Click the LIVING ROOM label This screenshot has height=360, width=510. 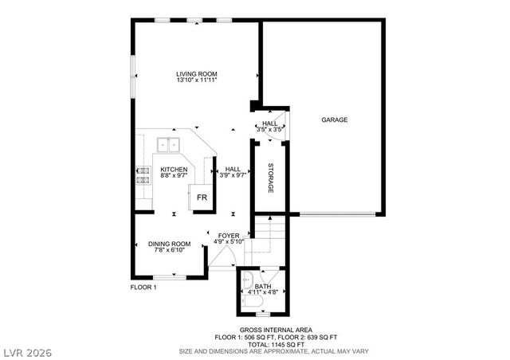point(197,74)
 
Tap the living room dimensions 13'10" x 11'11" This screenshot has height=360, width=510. point(197,80)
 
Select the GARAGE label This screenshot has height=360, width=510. point(335,120)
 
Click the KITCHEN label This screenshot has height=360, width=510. point(174,169)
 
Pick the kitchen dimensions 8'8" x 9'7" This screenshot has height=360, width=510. point(174,176)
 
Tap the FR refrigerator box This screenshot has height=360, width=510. point(202,197)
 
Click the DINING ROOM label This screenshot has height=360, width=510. point(170,244)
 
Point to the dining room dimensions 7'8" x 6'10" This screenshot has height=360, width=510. point(170,250)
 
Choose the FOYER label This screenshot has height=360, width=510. point(229,236)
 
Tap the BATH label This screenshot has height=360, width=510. point(263,286)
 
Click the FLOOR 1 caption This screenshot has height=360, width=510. point(143,287)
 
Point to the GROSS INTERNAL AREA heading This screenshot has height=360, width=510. point(276,330)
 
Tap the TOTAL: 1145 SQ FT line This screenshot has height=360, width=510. point(276,343)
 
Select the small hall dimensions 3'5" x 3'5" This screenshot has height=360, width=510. point(270,130)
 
